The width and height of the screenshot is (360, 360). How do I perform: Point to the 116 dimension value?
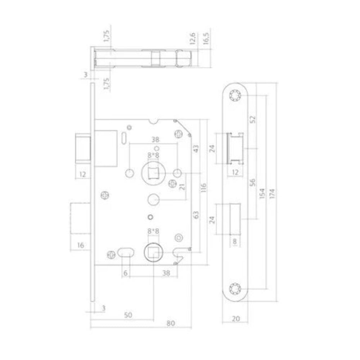pos(203,188)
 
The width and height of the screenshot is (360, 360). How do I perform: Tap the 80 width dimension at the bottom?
pos(171,323)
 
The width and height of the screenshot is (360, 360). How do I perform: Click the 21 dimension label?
pos(182,186)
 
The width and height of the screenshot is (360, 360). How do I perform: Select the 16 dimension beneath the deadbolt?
pos(80,245)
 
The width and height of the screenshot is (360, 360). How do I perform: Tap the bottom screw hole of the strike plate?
pos(235,288)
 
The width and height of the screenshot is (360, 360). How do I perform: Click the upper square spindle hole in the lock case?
pos(154,173)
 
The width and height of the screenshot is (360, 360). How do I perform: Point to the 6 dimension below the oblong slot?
pos(125,273)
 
